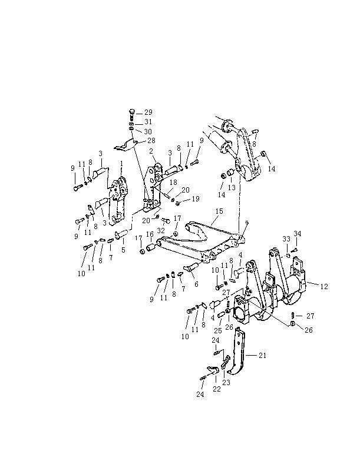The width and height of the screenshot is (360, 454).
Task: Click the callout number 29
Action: [148, 112]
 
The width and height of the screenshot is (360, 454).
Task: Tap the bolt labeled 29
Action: [131, 114]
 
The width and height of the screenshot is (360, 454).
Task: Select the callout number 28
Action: [151, 141]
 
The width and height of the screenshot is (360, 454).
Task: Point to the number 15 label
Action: [219, 211]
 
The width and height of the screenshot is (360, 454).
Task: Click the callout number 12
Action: [324, 287]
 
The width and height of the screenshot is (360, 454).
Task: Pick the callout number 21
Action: [262, 355]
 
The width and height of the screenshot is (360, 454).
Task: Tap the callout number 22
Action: [217, 389]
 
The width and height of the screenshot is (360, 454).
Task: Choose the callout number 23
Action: [226, 383]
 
